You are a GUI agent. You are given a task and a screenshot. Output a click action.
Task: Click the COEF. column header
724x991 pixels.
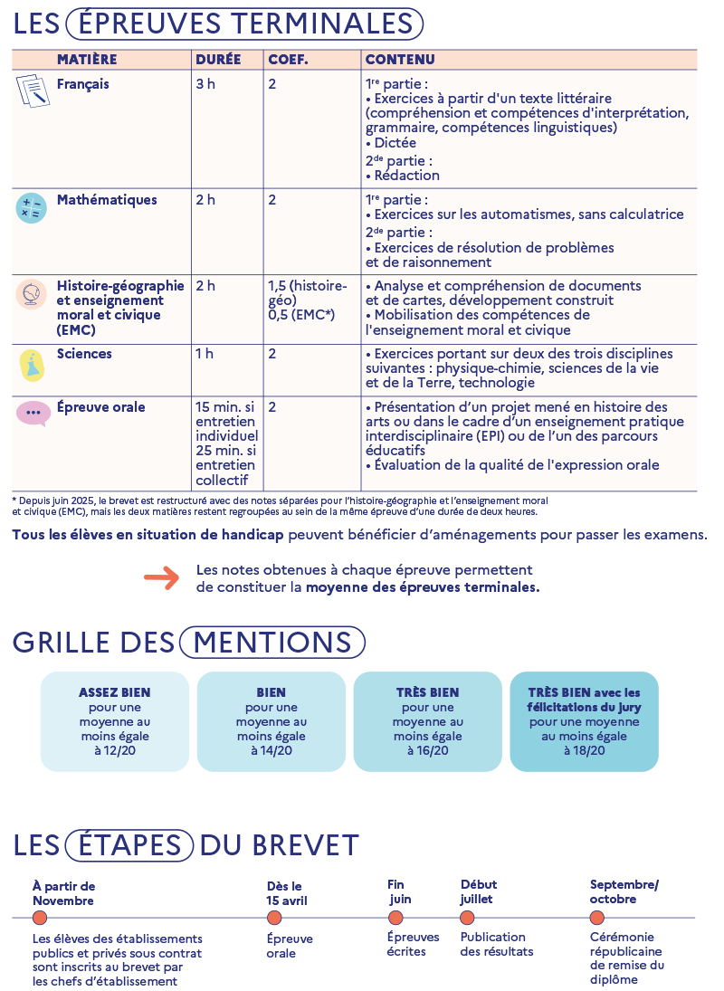pyautogui.click(x=288, y=60)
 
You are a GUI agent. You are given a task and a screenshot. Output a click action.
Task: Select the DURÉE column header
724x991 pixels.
pyautogui.click(x=218, y=60)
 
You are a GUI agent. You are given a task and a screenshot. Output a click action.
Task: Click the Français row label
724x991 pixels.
pyautogui.click(x=82, y=84)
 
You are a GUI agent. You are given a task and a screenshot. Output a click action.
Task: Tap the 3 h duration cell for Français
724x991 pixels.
pyautogui.click(x=205, y=84)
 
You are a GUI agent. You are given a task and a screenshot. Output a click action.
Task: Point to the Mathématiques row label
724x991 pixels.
pyautogui.click(x=107, y=200)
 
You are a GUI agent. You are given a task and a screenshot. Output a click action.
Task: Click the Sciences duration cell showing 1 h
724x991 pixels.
pyautogui.click(x=205, y=354)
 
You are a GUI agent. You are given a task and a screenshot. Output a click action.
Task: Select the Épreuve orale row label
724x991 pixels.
pyautogui.click(x=100, y=407)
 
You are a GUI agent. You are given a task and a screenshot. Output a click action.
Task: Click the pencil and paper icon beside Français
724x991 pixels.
pyautogui.click(x=33, y=91)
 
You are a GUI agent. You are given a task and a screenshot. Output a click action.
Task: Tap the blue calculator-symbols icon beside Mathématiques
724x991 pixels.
pyautogui.click(x=31, y=209)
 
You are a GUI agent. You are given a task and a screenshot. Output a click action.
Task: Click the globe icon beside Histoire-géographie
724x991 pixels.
pyautogui.click(x=31, y=295)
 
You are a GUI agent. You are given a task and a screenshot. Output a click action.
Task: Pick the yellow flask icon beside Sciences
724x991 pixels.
pyautogui.click(x=32, y=365)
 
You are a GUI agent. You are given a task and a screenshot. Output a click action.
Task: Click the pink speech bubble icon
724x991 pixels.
pyautogui.click(x=33, y=414)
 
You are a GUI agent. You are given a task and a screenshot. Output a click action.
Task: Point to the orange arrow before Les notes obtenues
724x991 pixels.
pyautogui.click(x=162, y=578)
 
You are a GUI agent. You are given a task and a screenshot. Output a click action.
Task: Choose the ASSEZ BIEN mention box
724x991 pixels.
pyautogui.click(x=115, y=721)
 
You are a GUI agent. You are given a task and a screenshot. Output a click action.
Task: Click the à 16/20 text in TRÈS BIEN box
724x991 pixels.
pyautogui.click(x=428, y=750)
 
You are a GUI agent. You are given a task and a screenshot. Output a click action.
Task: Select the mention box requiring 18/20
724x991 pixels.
pyautogui.click(x=585, y=721)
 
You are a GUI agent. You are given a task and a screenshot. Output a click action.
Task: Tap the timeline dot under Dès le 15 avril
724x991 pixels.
pyautogui.click(x=274, y=918)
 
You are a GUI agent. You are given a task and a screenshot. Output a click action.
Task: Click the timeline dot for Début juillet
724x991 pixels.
pyautogui.click(x=467, y=918)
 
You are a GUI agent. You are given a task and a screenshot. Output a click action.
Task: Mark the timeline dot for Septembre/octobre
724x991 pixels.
pyautogui.click(x=597, y=918)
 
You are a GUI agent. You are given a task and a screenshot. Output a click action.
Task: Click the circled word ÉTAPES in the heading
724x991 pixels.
pyautogui.click(x=129, y=845)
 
